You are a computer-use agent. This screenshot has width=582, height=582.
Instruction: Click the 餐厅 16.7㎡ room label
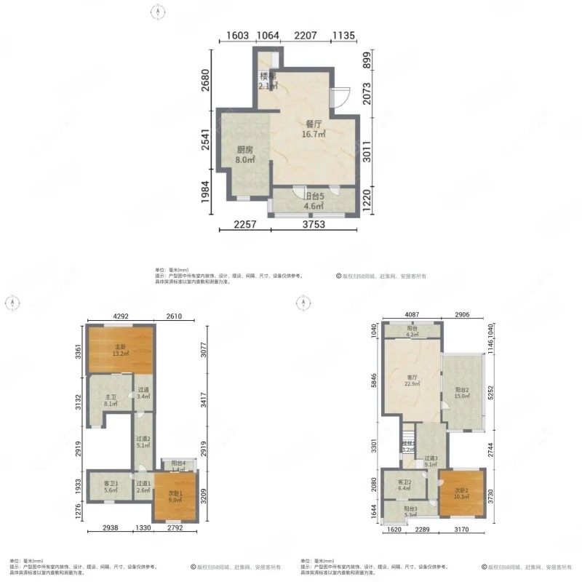click(314, 129)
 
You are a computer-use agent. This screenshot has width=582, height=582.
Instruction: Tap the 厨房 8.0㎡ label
click(244, 155)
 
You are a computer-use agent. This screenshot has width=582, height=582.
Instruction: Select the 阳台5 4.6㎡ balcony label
click(314, 201)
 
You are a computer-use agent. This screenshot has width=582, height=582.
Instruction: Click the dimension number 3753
click(314, 225)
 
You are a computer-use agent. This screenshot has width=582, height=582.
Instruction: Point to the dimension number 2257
click(245, 225)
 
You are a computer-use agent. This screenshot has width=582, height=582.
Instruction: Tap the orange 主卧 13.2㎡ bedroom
click(120, 351)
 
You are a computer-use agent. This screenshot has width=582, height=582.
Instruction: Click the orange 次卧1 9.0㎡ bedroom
click(175, 495)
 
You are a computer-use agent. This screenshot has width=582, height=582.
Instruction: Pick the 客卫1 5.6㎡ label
click(111, 487)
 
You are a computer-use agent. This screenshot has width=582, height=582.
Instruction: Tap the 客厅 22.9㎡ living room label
click(413, 380)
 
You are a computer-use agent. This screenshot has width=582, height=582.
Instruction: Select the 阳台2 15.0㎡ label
click(463, 392)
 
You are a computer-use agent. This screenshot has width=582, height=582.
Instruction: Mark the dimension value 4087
click(413, 316)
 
